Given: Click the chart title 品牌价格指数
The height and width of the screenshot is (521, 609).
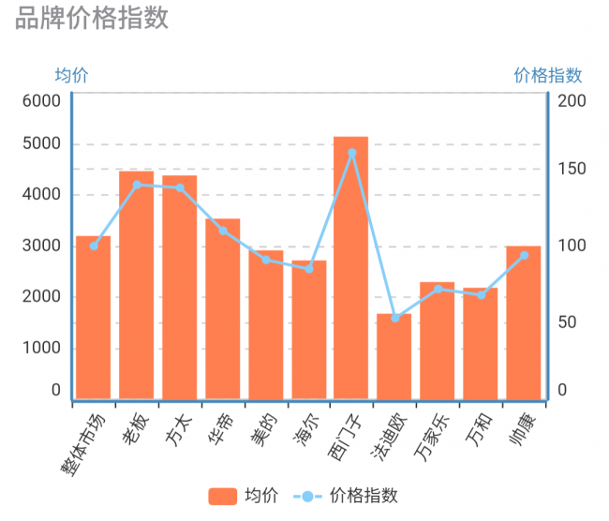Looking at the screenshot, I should [92, 18].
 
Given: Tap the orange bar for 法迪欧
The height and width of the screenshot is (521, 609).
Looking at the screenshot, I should [394, 356].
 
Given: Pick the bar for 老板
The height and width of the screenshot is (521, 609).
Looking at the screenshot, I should [136, 285].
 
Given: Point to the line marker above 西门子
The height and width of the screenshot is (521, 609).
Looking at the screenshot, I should [352, 153].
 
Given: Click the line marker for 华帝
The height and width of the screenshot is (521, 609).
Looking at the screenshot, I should [223, 231].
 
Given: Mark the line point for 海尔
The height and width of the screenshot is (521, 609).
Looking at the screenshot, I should [309, 269].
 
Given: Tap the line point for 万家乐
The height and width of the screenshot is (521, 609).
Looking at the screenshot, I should [438, 289].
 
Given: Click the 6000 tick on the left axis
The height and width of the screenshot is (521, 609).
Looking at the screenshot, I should [42, 101].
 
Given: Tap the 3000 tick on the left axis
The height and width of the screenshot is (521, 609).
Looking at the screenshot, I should [42, 246].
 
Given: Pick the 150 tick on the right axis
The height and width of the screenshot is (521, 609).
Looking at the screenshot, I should [571, 170].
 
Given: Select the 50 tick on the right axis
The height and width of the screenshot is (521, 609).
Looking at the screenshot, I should [567, 322].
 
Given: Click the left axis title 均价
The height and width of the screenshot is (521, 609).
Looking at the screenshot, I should [71, 76].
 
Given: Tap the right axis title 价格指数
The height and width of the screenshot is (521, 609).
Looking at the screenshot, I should [548, 76].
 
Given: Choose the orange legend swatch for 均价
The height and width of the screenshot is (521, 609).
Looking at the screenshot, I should [222, 496].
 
